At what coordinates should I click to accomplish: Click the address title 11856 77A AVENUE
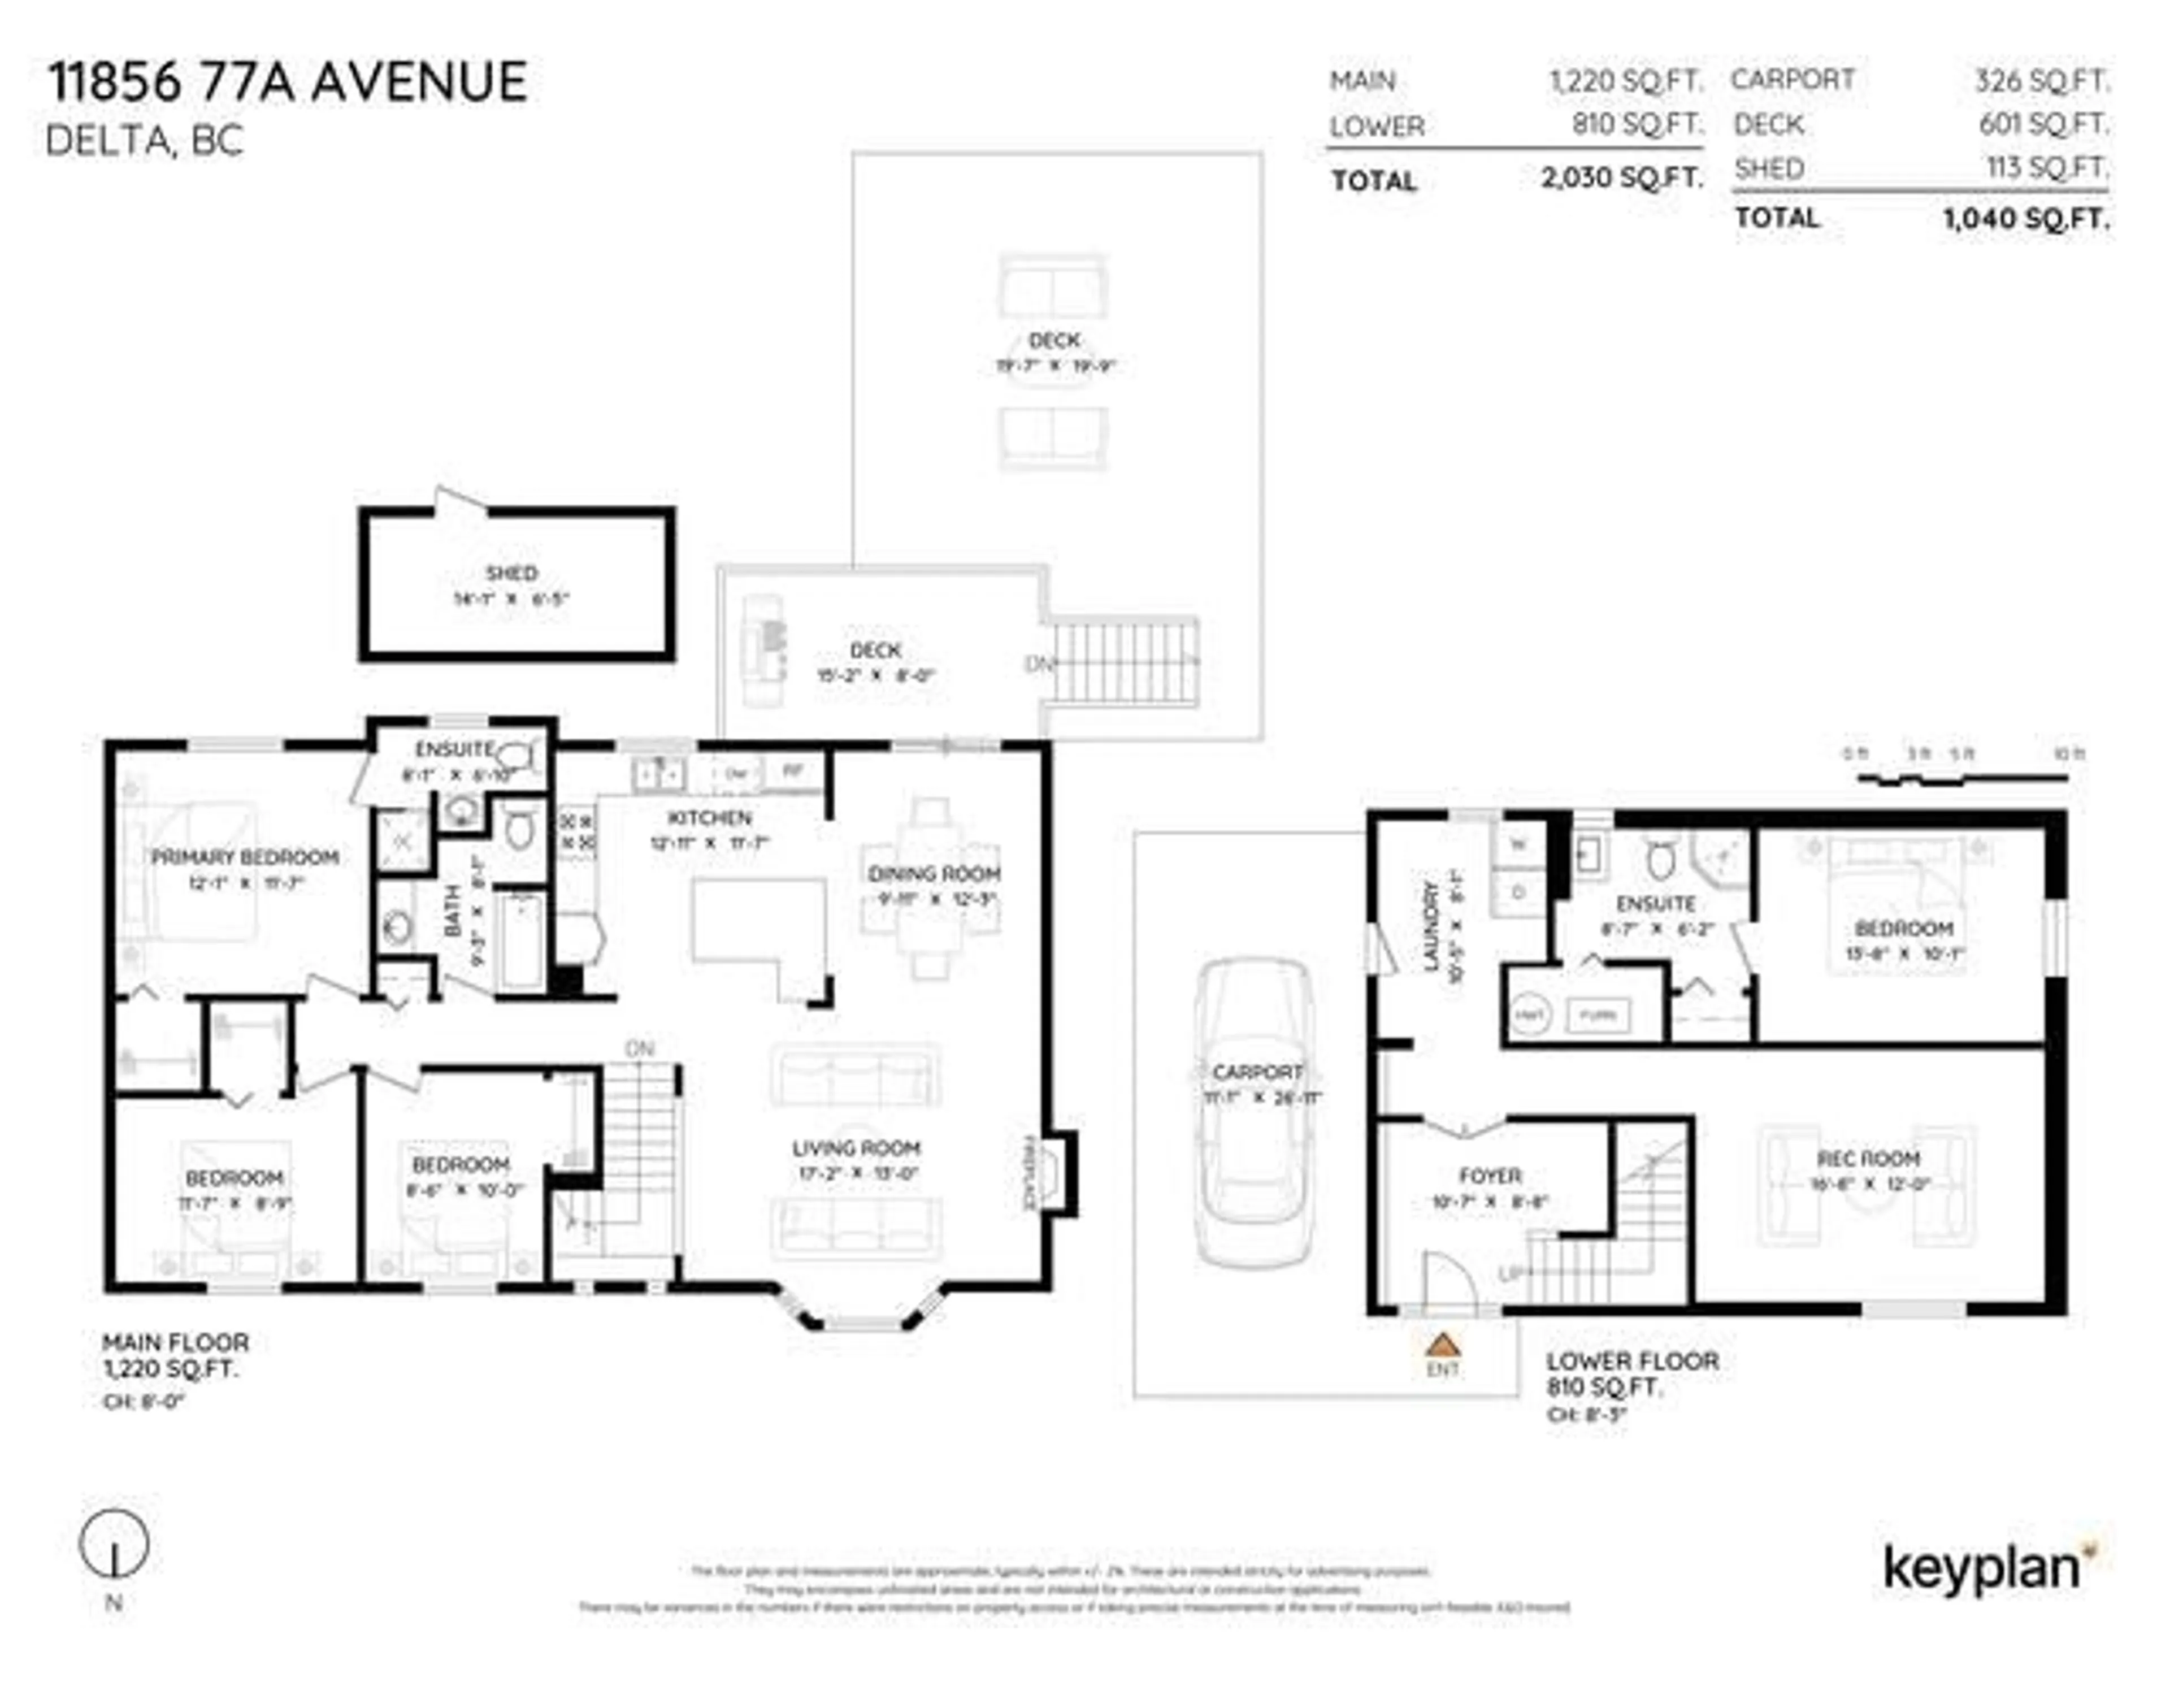[x=288, y=81]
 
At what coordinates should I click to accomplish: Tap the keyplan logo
[x=1982, y=1570]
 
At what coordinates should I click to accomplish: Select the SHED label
[x=511, y=573]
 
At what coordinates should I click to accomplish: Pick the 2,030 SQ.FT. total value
[x=1621, y=178]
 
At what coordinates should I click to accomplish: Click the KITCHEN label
[x=709, y=818]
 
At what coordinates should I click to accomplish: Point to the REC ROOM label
[x=1868, y=1159]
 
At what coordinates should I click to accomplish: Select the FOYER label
[x=1490, y=1176]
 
